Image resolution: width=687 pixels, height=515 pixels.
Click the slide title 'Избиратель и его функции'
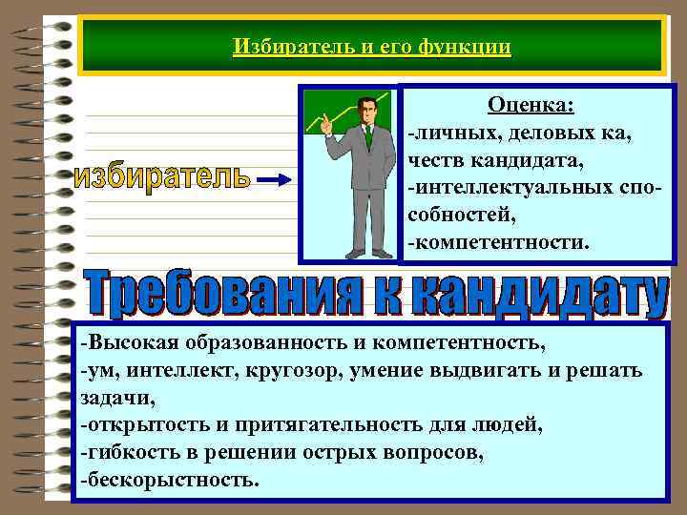coord(371,46)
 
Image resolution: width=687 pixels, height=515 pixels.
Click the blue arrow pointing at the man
coord(279,179)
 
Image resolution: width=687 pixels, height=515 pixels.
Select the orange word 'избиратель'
coord(162,178)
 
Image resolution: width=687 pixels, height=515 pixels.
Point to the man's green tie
coord(367,137)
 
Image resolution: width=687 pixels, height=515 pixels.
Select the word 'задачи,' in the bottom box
coord(117,397)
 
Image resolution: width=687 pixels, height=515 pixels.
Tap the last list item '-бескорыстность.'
coord(169,480)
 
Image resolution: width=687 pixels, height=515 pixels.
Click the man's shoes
coord(367,254)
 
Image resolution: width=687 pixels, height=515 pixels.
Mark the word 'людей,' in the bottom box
coord(514,424)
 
